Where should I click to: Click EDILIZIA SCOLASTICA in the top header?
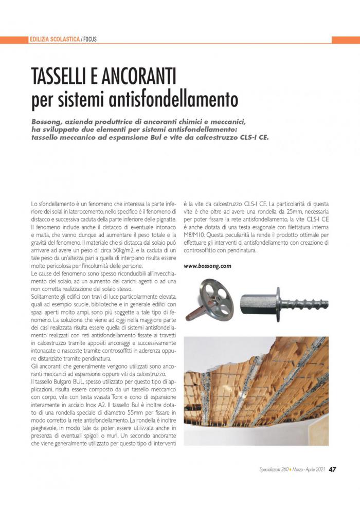pos(55,39)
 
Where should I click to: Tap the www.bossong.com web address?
pos(207,266)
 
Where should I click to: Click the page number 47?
pos(333,483)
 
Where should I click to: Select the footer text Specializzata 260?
pos(276,484)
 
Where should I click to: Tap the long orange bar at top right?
pos(346,40)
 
